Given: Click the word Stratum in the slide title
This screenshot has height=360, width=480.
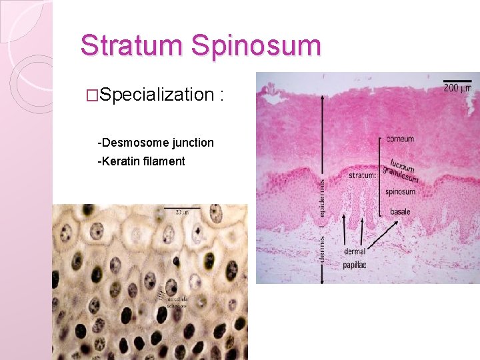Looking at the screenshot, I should pos(132,45).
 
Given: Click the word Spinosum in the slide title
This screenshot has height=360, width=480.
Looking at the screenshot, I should pos(256,45).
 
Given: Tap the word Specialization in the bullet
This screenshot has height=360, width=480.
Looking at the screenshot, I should pos(157,95).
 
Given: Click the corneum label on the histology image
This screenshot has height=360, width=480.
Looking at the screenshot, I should pos(400,139).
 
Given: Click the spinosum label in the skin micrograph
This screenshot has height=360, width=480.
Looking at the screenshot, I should pos(400,192).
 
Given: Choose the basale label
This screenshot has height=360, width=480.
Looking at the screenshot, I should pos(400,212).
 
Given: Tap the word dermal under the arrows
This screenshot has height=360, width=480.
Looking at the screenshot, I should pos(355,252).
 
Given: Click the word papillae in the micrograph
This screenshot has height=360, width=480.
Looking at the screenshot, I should pos(356,265).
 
